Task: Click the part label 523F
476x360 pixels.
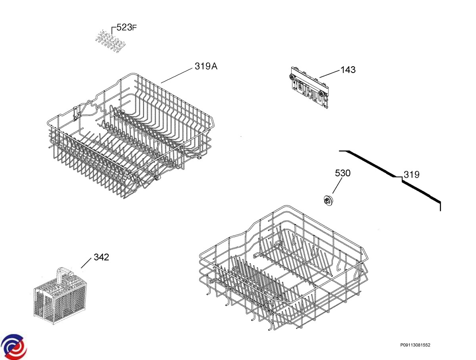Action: click(x=127, y=28)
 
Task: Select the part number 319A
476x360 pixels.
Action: click(x=205, y=66)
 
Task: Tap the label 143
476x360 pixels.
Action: click(x=348, y=70)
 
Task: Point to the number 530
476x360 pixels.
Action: click(x=343, y=173)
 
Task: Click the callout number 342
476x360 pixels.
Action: click(x=101, y=257)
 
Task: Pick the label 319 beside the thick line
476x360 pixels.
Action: click(x=411, y=174)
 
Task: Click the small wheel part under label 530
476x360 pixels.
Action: click(x=328, y=201)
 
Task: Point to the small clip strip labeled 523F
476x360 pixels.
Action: click(x=109, y=42)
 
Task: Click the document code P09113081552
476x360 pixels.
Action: click(x=415, y=345)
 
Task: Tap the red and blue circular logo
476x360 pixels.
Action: click(x=13, y=346)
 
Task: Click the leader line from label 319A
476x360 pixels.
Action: click(x=177, y=75)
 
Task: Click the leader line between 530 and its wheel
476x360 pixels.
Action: click(x=337, y=186)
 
